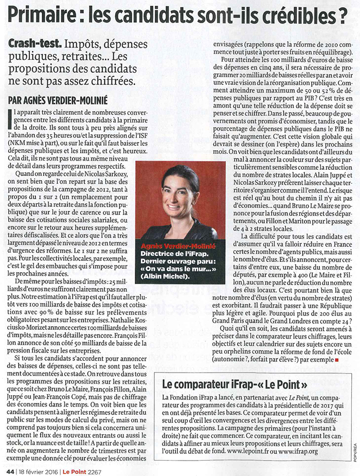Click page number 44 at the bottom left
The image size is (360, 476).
pos(10,469)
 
